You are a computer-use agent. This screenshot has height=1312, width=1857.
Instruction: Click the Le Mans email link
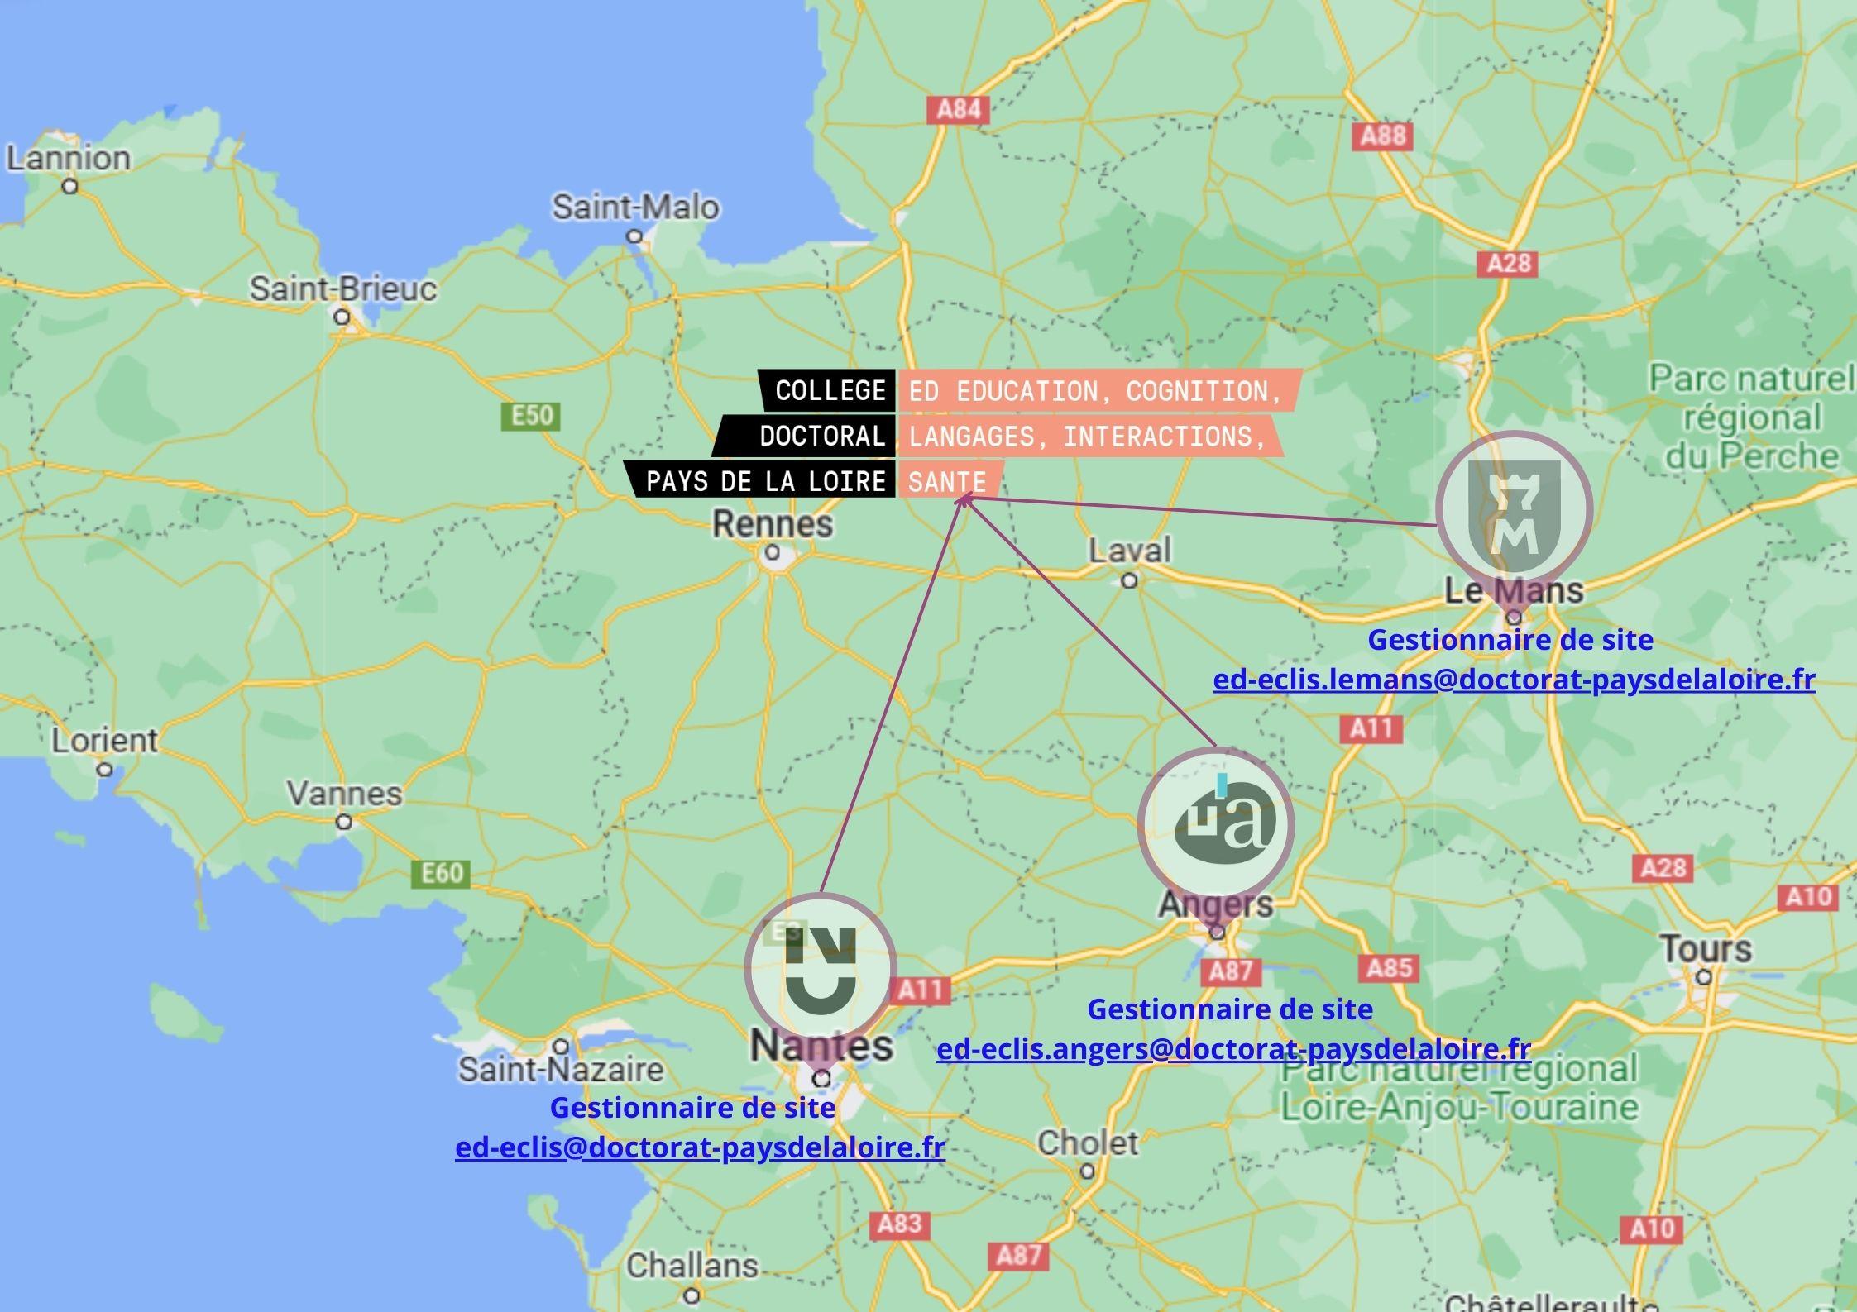click(1514, 680)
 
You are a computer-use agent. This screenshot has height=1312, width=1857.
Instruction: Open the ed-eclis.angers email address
click(1233, 1049)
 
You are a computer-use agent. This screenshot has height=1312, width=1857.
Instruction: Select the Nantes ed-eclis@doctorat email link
click(700, 1147)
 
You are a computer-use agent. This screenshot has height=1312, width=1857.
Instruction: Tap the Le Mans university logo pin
click(1514, 509)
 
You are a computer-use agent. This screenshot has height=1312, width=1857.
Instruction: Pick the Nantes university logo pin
click(821, 968)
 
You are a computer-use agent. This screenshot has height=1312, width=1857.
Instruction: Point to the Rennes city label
click(773, 524)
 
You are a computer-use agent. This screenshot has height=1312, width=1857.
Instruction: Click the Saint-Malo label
click(635, 208)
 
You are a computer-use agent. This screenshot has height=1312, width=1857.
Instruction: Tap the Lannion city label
click(69, 159)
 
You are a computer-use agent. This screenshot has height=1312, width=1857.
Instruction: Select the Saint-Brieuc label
click(342, 289)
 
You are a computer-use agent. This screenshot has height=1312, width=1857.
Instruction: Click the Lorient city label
click(104, 741)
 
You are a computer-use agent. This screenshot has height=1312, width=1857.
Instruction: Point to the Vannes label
click(344, 794)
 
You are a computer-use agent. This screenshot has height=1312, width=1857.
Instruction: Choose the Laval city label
click(1129, 551)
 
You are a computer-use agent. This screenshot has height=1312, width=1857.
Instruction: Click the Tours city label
click(1705, 949)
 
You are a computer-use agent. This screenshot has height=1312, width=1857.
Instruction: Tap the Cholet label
click(1087, 1143)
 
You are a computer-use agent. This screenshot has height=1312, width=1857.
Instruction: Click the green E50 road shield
click(531, 415)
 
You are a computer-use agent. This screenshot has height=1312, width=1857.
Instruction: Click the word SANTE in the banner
click(947, 482)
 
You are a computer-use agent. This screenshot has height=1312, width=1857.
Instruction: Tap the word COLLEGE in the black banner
click(830, 391)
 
